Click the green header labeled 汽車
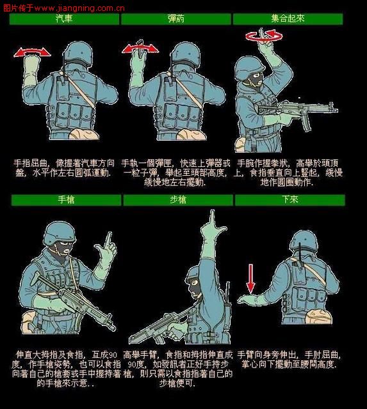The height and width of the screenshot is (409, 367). click(64, 19)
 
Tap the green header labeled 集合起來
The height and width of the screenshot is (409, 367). click(288, 19)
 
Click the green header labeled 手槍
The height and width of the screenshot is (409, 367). click(66, 200)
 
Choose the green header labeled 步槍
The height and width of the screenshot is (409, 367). click(177, 200)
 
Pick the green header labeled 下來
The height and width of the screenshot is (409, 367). click(290, 200)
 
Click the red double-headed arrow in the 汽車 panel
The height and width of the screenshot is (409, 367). click(33, 51)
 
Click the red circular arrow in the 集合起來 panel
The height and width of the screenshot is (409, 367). click(263, 38)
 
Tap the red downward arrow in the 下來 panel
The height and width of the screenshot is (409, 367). click(250, 279)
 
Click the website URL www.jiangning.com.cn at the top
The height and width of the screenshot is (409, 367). click(79, 8)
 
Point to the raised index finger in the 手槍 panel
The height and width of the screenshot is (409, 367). click(109, 242)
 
